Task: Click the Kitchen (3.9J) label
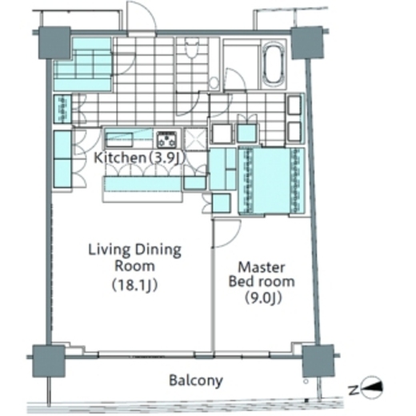tap(139, 158)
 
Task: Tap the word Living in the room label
tap(110, 250)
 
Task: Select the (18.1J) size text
tap(135, 285)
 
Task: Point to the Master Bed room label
tap(262, 274)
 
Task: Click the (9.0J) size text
tap(263, 298)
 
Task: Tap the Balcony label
tap(196, 381)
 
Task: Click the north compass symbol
tap(371, 388)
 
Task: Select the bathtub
tap(274, 64)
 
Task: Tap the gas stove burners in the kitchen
tap(166, 139)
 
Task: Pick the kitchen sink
tap(119, 139)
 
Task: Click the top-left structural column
tap(54, 42)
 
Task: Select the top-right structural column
tap(307, 42)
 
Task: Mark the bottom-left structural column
tap(49, 361)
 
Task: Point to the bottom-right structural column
tap(318, 361)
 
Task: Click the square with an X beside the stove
tap(196, 138)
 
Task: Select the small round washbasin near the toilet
tap(214, 83)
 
